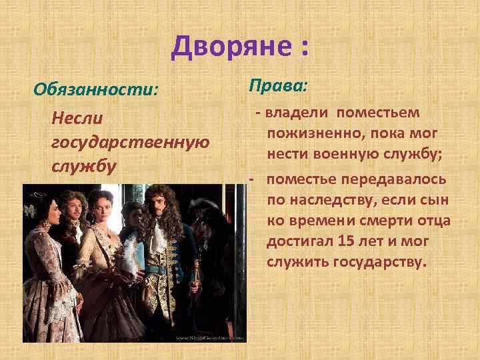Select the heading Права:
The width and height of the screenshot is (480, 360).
[278, 85]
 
